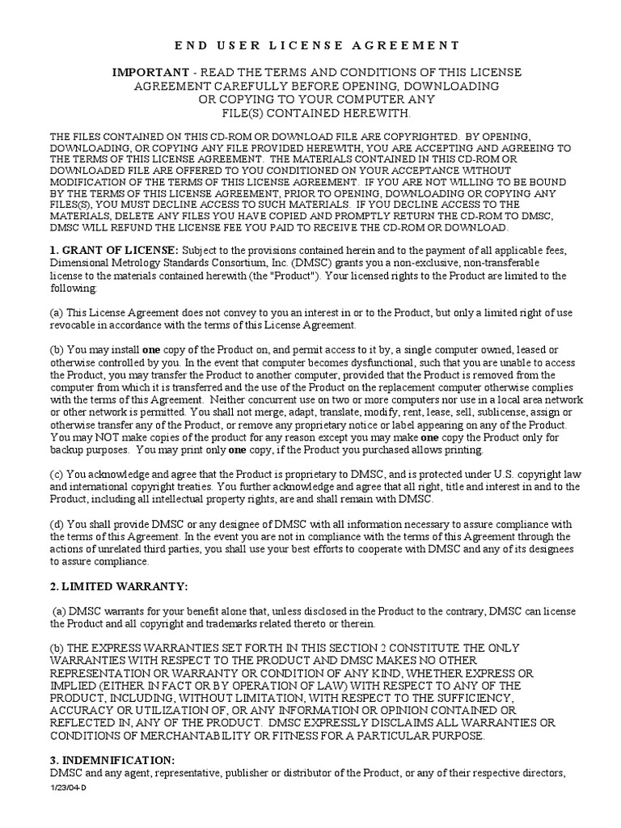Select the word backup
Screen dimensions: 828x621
68,450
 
